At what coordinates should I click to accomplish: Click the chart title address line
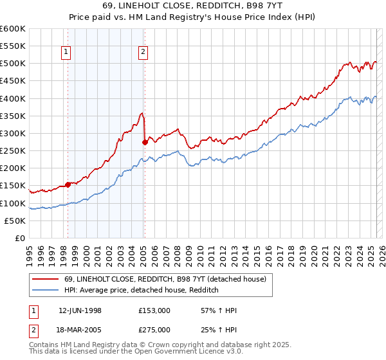click(x=192, y=4)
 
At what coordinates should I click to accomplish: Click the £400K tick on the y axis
click(x=13, y=98)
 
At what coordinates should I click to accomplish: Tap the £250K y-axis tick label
click(x=13, y=150)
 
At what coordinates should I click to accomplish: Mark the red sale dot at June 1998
click(x=68, y=184)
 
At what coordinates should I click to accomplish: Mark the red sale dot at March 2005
click(x=145, y=142)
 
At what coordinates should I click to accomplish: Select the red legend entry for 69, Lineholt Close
click(x=160, y=279)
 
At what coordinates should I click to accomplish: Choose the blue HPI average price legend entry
click(x=142, y=291)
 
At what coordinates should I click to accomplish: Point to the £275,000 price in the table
click(x=154, y=330)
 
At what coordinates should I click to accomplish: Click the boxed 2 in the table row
click(x=32, y=330)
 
